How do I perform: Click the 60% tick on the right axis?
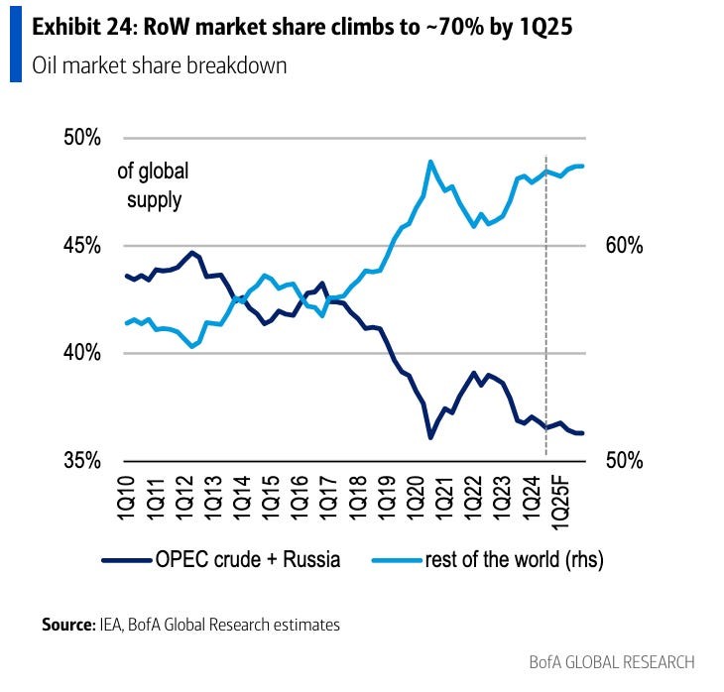coord(623,246)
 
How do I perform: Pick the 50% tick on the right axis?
coord(623,461)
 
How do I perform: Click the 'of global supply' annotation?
coord(153,185)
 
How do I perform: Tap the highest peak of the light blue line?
coord(430,161)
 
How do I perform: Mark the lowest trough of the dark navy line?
coord(430,437)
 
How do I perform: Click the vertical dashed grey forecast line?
coord(546,297)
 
